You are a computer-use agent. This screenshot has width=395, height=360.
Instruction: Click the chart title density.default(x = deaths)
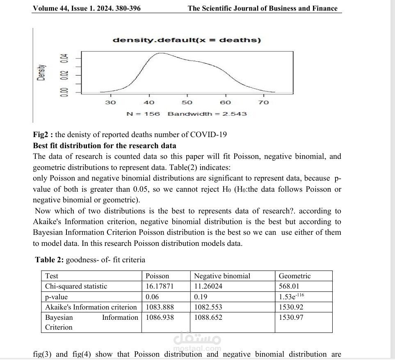click(x=187, y=40)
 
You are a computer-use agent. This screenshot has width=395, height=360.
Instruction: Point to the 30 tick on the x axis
click(x=110, y=102)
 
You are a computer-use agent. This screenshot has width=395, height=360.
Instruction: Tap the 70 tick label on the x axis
click(x=263, y=102)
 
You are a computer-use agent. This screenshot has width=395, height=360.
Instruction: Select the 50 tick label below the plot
click(x=187, y=102)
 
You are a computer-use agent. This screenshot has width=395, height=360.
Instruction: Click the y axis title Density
click(x=41, y=73)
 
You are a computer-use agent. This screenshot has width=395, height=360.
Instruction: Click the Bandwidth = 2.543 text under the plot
click(x=207, y=114)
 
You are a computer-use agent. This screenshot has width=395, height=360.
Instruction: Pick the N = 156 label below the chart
click(x=143, y=114)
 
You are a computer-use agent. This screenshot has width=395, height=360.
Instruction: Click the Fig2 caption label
click(x=43, y=135)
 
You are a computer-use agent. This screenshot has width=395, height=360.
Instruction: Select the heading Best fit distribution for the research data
click(x=105, y=145)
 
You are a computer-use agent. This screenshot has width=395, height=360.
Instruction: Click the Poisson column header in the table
click(x=158, y=276)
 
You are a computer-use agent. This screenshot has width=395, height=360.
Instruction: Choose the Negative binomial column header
click(x=222, y=276)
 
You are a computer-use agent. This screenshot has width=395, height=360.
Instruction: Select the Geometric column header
click(x=295, y=276)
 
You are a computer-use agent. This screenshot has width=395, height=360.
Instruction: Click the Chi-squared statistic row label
click(x=76, y=286)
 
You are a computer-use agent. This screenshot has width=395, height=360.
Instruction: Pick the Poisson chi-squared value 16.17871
click(x=160, y=286)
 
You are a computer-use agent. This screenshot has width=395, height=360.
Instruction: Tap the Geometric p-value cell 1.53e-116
click(x=291, y=296)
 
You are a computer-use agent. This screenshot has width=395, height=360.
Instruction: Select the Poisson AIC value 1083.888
click(x=160, y=307)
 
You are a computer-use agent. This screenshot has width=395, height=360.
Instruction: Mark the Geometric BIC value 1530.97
click(x=291, y=317)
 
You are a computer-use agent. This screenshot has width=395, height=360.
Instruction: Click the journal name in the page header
click(x=263, y=8)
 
